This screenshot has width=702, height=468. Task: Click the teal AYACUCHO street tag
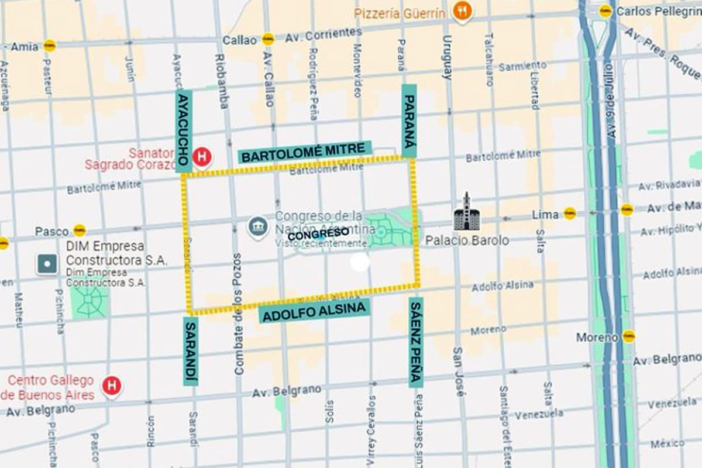pos(184,131)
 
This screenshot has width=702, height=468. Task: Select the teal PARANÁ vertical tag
pos(409,121)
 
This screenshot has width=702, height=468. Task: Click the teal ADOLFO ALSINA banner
pos(315,312)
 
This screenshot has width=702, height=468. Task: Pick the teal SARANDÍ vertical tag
pos(191,351)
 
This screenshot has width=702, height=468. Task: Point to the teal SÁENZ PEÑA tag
pos(416,342)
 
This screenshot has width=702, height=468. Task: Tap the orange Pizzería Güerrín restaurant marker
pos(462,11)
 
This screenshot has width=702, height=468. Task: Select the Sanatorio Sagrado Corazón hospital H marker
pos(202,157)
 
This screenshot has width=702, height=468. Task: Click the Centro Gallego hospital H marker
pos(111,386)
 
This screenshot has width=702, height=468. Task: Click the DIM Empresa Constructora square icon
pos(47,264)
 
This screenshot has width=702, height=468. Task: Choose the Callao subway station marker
pos(268,39)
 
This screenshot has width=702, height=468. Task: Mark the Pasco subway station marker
pos(80,230)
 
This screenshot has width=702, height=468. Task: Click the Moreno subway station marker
pos(629,336)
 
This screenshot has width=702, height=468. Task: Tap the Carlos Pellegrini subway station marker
pos(605,11)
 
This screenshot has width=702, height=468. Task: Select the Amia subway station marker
pos(49,46)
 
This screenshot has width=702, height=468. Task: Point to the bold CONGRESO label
pos(318,234)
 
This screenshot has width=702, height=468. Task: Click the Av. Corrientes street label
pos(324,35)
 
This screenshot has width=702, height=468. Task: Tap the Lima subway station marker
pos(570,214)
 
